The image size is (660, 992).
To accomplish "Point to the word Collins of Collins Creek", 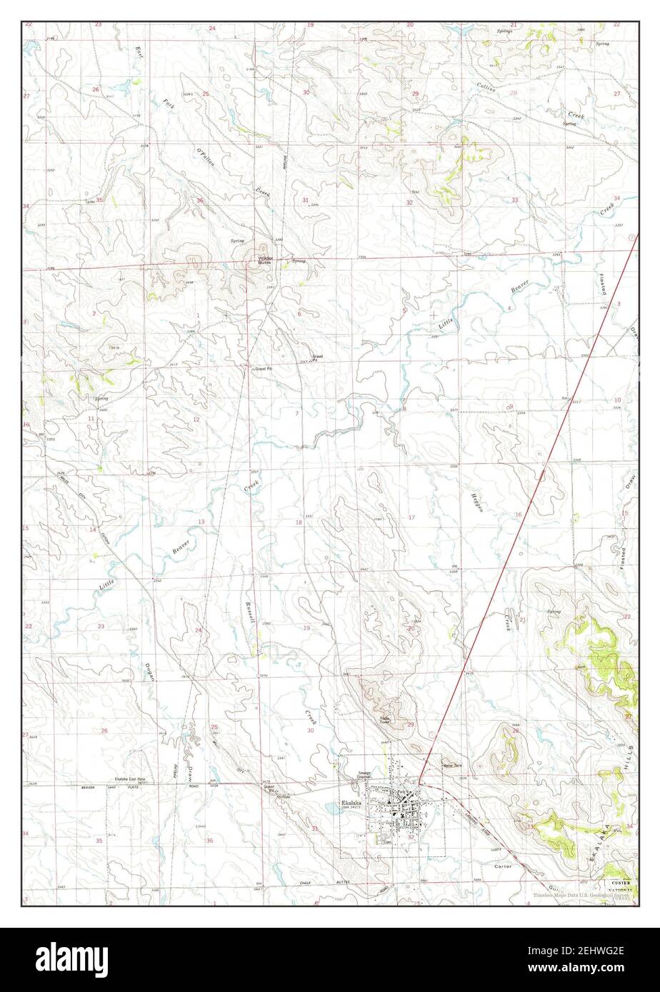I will pyautogui.click(x=488, y=88).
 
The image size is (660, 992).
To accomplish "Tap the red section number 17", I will pyautogui.click(x=411, y=517).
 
